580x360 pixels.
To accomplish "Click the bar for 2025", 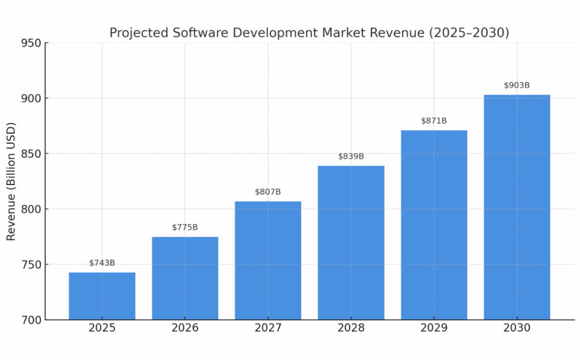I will click(x=102, y=296).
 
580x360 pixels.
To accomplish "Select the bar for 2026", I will click(x=185, y=278).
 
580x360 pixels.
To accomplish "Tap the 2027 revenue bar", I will click(x=268, y=260).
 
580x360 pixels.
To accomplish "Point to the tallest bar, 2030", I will click(x=517, y=207).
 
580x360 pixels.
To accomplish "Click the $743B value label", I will click(x=102, y=263).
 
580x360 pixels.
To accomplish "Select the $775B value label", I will click(x=185, y=228).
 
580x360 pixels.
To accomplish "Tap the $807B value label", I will click(x=268, y=192).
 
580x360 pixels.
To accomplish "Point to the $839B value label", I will click(x=351, y=156).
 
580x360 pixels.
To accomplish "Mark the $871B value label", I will click(x=434, y=121).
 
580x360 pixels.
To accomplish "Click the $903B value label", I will click(x=517, y=85).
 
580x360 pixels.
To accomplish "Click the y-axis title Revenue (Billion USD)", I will click(x=11, y=181).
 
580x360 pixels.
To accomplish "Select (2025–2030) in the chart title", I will click(x=470, y=33).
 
